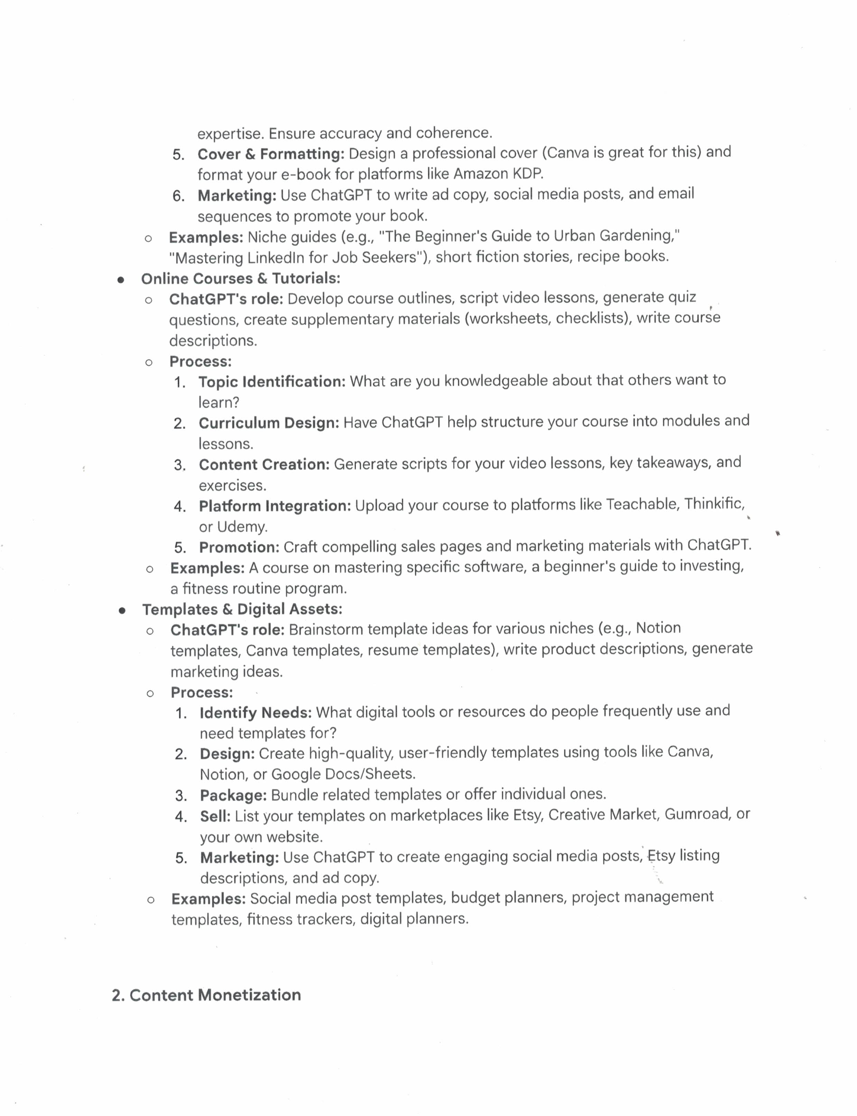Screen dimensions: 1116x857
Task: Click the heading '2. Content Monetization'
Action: (206, 995)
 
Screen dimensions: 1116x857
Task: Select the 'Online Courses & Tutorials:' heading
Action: (240, 279)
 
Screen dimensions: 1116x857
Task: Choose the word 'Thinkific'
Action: (714, 504)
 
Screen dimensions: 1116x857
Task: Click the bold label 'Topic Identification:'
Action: (272, 382)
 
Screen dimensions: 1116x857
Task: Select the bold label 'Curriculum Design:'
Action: (269, 423)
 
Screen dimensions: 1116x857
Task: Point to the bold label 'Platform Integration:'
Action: (274, 506)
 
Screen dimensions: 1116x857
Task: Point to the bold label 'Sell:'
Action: (215, 816)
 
